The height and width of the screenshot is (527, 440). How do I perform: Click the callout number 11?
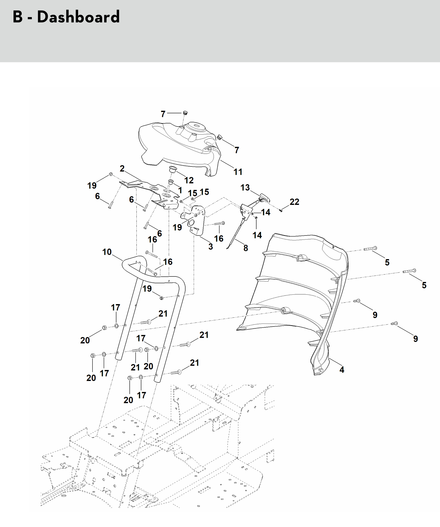(x=238, y=172)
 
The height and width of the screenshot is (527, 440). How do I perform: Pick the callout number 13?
(x=245, y=187)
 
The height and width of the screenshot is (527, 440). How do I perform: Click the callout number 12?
(x=189, y=180)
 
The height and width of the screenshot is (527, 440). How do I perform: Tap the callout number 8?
(x=246, y=248)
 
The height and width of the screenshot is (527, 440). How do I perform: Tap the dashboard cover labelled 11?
(x=176, y=146)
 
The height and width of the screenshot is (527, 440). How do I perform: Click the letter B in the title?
(x=18, y=17)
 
